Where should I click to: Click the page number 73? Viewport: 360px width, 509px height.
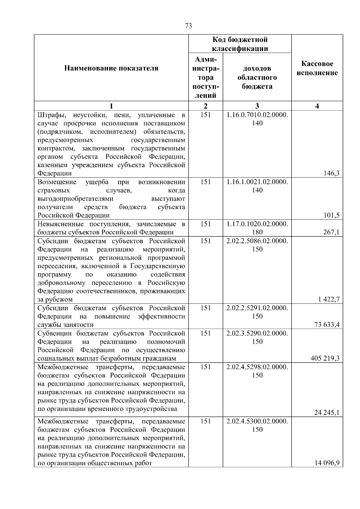(x=189, y=26)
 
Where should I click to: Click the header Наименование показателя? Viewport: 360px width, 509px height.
(x=111, y=68)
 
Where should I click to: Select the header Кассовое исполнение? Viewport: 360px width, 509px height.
(x=317, y=68)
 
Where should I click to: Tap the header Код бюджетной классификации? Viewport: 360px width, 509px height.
(x=240, y=44)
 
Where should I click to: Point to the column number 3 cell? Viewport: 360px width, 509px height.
(x=257, y=106)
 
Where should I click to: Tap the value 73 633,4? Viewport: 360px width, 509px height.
(x=327, y=325)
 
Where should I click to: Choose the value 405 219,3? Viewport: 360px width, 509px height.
(x=325, y=358)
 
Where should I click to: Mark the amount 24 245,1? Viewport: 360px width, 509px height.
(x=327, y=413)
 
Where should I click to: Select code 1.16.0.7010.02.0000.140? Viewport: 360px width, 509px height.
(x=257, y=119)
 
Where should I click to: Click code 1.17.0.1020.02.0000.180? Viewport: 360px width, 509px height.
(x=257, y=228)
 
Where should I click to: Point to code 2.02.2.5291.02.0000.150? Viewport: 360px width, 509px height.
(x=257, y=312)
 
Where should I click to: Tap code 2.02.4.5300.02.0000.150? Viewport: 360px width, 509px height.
(x=257, y=425)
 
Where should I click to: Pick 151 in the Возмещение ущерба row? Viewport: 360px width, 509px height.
(x=205, y=182)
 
